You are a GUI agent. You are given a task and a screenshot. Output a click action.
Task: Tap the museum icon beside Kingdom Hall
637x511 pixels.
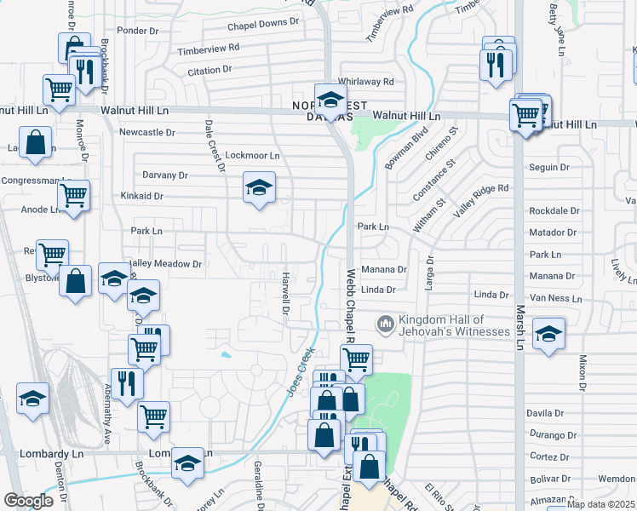[x=385, y=324]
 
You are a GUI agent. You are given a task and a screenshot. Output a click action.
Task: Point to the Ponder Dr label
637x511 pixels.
[x=138, y=53]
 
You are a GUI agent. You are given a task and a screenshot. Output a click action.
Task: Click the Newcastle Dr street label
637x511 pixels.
[x=146, y=132]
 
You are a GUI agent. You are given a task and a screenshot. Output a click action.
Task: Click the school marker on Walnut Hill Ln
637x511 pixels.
[x=330, y=100]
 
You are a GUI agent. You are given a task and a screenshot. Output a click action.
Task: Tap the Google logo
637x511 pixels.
[x=28, y=501]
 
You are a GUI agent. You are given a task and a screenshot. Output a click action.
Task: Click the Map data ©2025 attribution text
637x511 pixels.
[x=600, y=504]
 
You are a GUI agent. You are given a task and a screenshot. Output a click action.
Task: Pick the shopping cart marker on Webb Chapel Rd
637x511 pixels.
[x=356, y=359]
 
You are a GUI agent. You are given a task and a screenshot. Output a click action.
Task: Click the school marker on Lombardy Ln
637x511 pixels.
[x=187, y=462]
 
